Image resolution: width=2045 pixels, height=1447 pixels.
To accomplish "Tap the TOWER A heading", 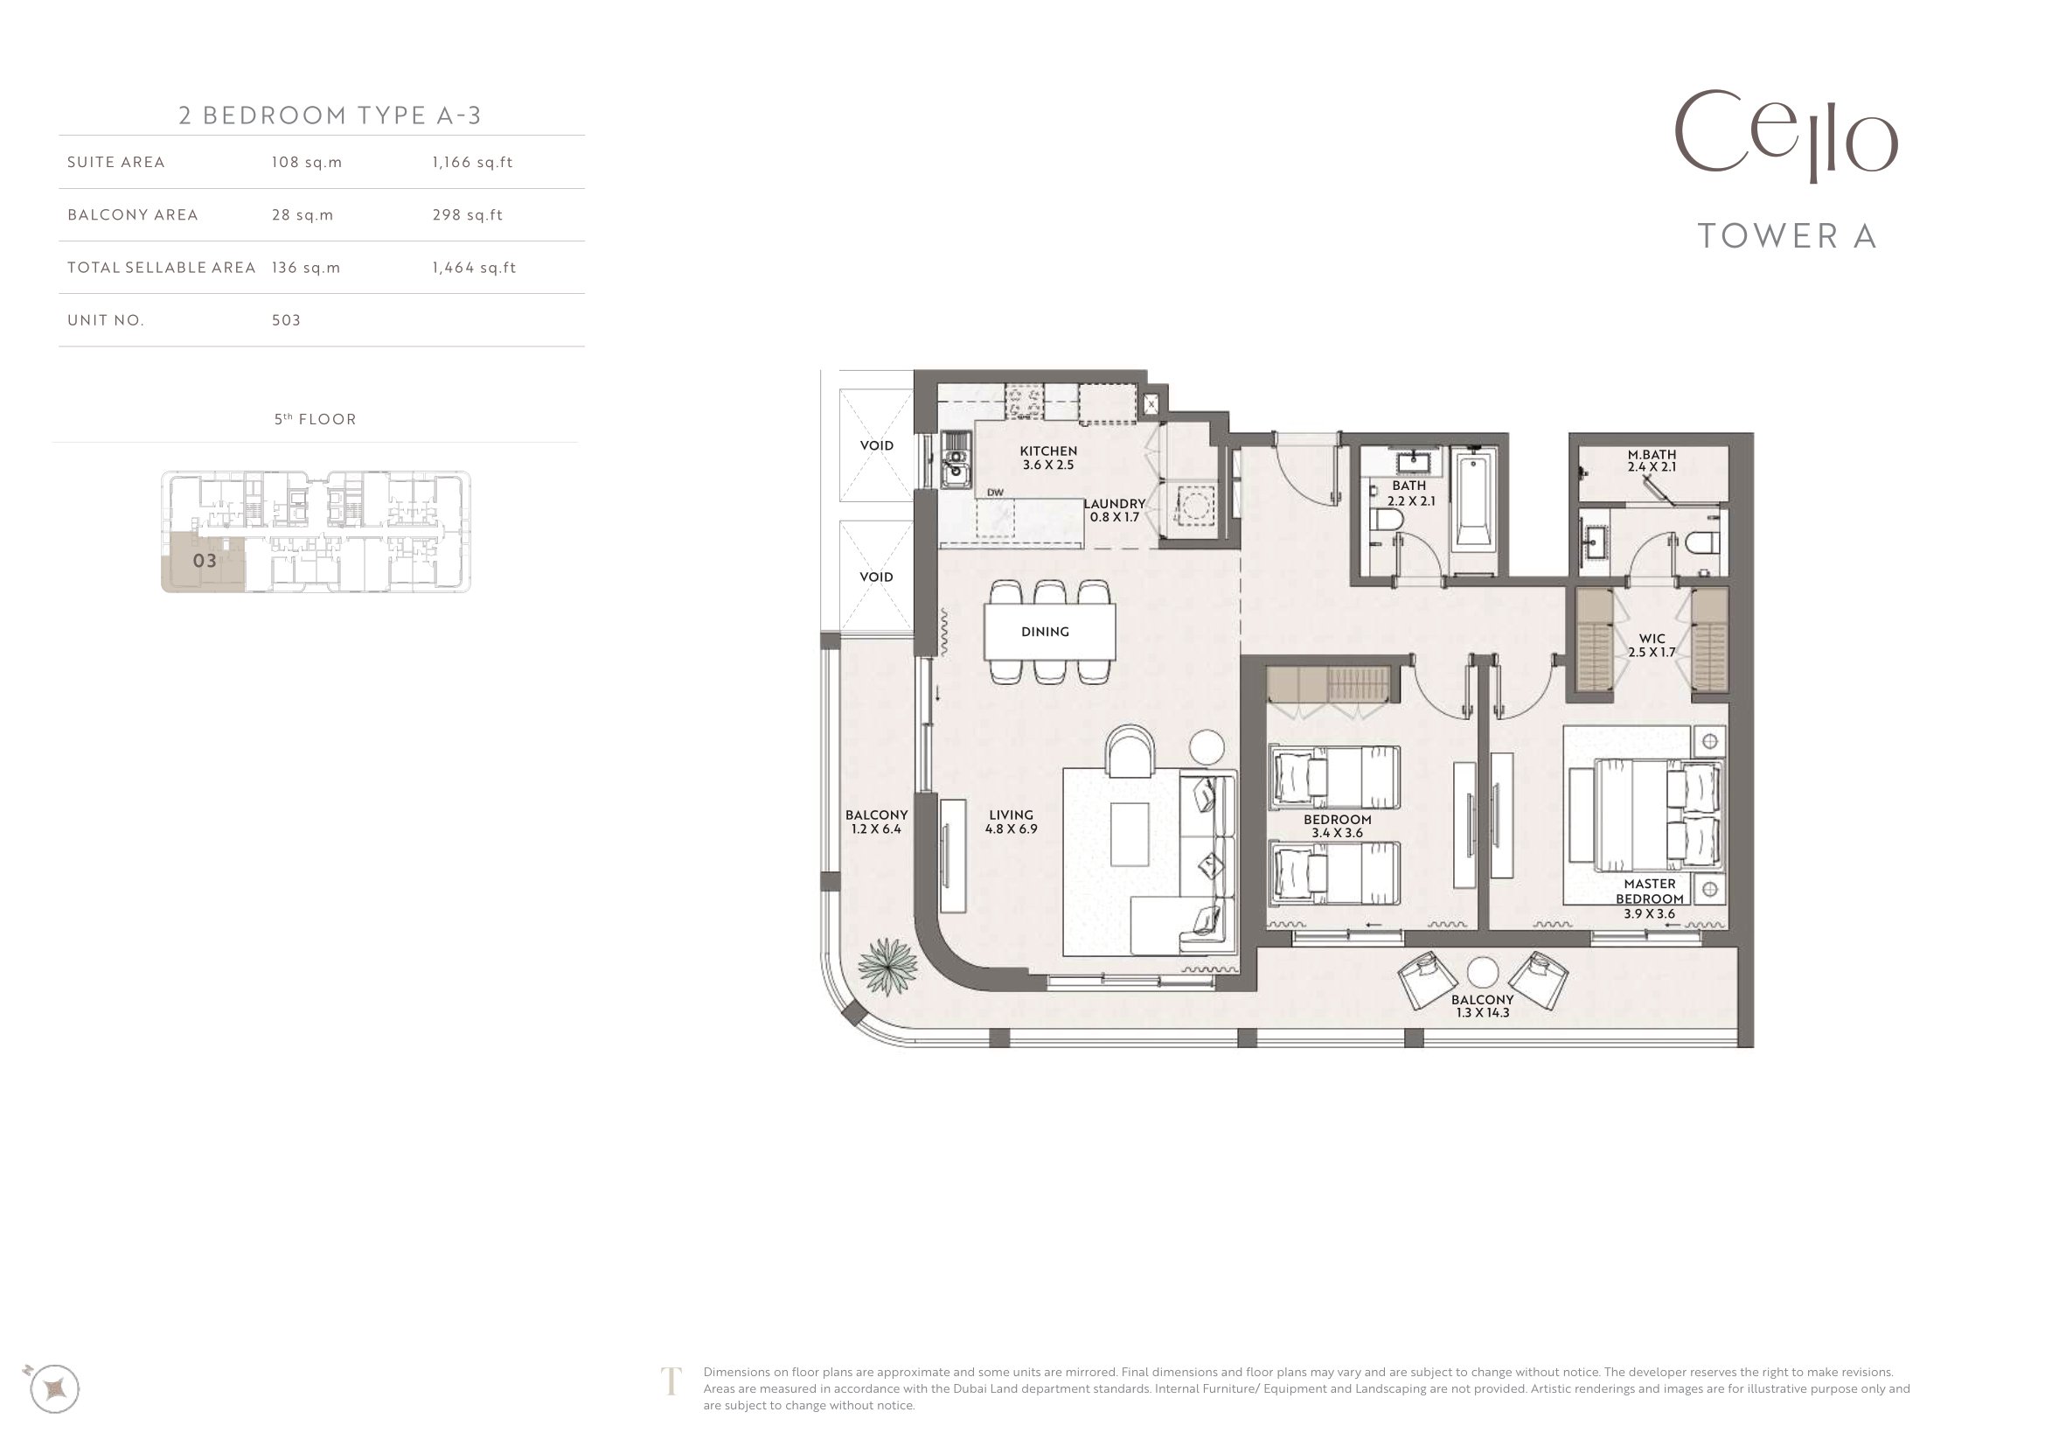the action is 1788,236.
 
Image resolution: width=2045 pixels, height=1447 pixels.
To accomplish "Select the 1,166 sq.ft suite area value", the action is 472,162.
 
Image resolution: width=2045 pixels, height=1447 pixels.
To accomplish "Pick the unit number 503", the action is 286,320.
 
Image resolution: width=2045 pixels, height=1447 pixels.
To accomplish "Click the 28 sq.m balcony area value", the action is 303,214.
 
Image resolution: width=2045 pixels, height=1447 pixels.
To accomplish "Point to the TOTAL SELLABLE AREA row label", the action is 161,268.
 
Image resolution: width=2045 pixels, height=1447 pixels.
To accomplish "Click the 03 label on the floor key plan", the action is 205,561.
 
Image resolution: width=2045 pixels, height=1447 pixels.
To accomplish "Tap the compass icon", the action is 54,1388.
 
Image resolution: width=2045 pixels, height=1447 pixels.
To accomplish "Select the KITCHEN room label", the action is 1048,451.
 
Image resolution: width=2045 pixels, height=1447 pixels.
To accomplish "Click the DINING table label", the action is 1045,632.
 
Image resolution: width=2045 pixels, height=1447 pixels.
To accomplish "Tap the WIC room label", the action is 1652,639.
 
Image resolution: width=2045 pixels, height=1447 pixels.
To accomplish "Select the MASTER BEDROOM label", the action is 1650,891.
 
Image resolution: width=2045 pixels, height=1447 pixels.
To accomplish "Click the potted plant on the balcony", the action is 888,966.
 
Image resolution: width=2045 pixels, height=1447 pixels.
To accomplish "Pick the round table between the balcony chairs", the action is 1483,974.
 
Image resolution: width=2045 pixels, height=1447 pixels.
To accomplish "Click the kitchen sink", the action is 956,461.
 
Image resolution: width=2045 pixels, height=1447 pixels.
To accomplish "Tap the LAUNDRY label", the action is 1114,504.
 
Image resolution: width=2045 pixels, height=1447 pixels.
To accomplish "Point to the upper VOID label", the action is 876,445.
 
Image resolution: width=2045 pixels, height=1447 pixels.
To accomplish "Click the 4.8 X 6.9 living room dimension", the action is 1011,828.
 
